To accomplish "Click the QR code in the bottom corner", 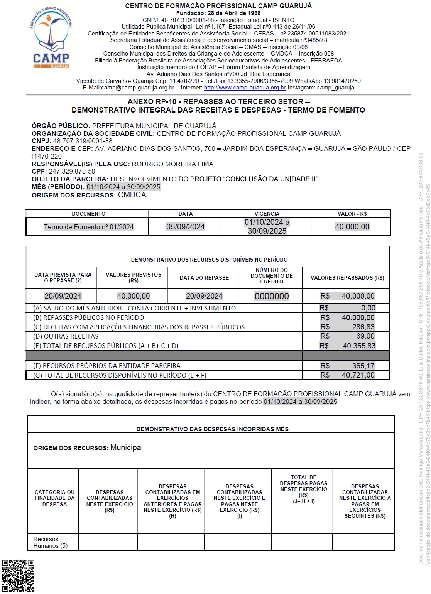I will [18, 575].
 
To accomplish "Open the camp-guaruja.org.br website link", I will [245, 88].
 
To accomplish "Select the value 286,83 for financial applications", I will [363, 327].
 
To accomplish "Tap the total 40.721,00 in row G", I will [358, 375].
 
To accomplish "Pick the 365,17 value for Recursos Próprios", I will [363, 366].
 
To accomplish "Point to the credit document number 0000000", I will [272, 296].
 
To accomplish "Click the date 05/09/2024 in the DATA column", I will [185, 227].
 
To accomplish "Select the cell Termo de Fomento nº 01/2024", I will [88, 227].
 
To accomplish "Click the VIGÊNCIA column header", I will [267, 214].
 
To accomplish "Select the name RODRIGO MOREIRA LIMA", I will [172, 164].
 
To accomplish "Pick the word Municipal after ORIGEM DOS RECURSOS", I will [126, 447].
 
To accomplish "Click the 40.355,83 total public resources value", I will [359, 346].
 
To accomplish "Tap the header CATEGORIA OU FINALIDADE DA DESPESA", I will [54, 498].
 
